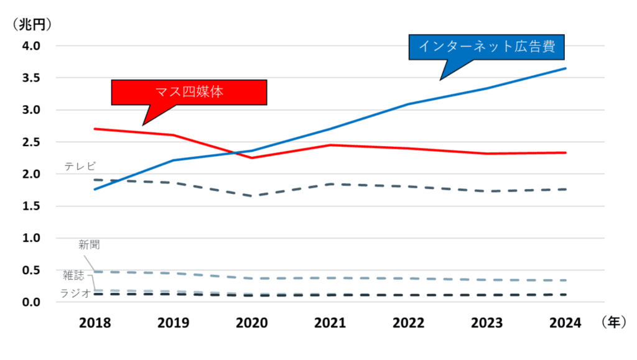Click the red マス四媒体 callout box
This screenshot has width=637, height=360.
click(188, 92)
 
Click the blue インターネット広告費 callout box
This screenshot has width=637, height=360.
click(491, 46)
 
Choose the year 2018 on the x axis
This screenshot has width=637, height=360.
click(95, 323)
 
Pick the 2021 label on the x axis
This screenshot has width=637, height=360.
click(330, 323)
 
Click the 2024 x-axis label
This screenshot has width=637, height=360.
click(565, 323)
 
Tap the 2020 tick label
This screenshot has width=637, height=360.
click(252, 323)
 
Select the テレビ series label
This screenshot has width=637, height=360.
click(80, 166)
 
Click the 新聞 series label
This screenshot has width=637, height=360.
click(89, 245)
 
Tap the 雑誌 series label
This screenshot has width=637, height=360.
click(73, 275)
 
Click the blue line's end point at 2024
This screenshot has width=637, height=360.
click(565, 68)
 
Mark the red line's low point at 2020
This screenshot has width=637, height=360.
click(252, 158)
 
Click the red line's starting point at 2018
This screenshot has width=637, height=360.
click(95, 129)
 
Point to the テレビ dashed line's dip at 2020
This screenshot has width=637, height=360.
click(252, 196)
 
